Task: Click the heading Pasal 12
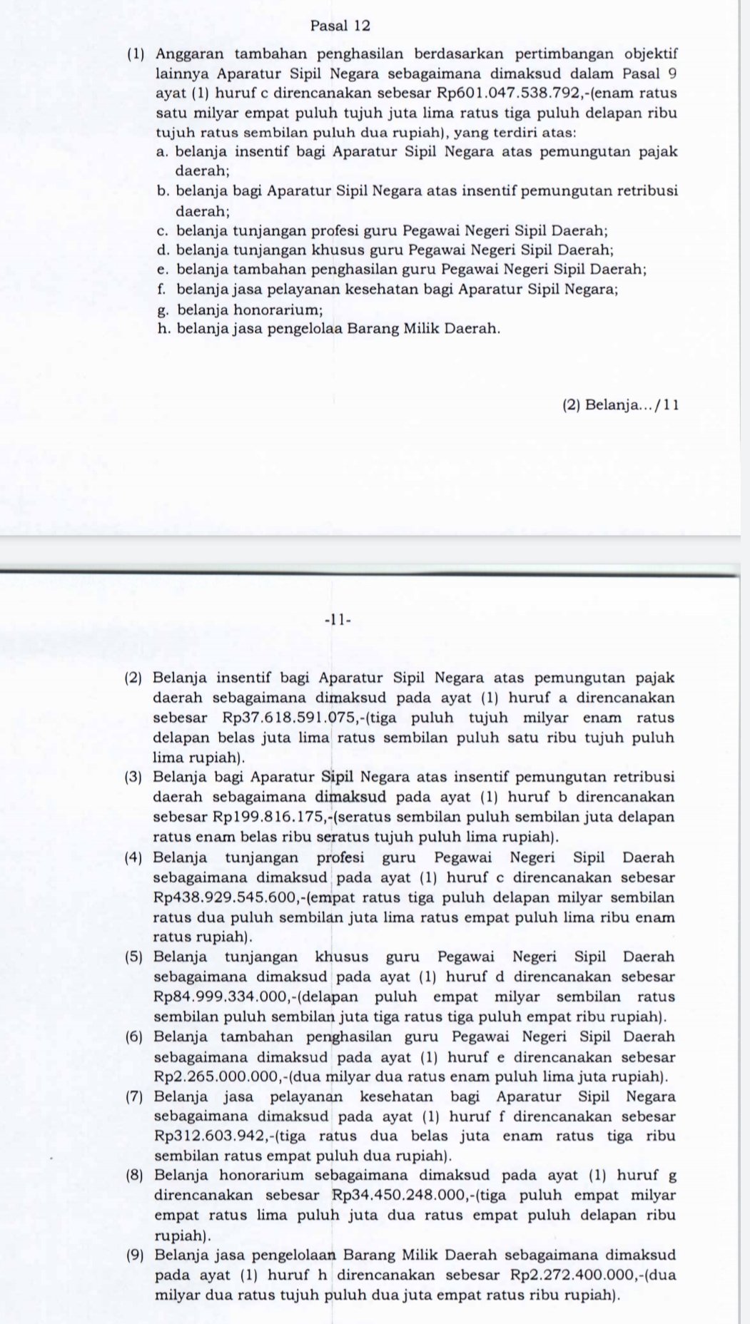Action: (x=341, y=26)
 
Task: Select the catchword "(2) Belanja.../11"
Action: (x=620, y=405)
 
